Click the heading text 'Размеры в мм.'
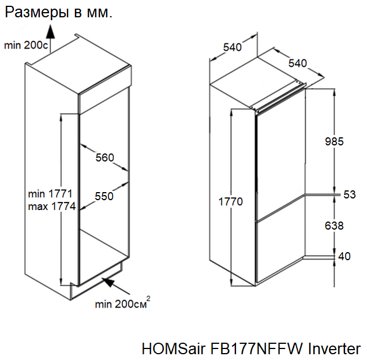tap(58, 12)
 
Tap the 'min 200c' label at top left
tap(27, 45)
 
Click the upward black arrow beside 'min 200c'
tap(50, 36)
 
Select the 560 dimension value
tap(104, 157)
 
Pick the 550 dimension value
tap(104, 196)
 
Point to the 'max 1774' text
tap(51, 207)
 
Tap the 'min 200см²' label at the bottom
tap(123, 303)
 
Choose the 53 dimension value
tap(350, 195)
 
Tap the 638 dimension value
tap(334, 226)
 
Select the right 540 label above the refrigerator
tap(298, 62)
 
